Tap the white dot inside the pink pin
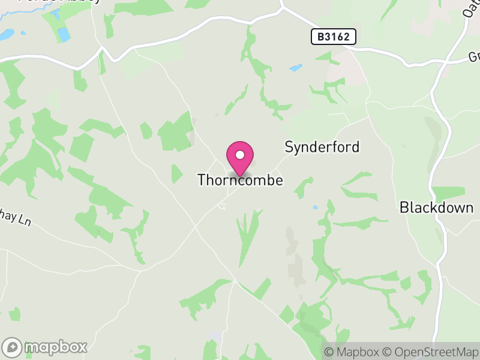pos(240,155)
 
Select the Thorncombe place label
pos(240,180)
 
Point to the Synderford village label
pos(322,147)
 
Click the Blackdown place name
pos(436,208)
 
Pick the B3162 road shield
pos(334,37)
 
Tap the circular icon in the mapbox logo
pos(13,347)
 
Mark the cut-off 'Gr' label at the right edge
pos(474,58)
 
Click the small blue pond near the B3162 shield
pos(296,68)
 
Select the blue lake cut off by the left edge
pos(6,35)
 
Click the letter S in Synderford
pos(289,147)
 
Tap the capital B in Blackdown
pos(404,208)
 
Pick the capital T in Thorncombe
pos(202,180)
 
